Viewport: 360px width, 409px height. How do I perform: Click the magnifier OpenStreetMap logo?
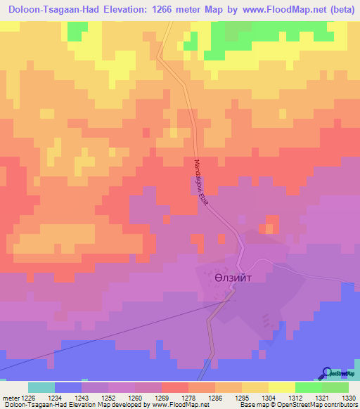[x=328, y=374]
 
